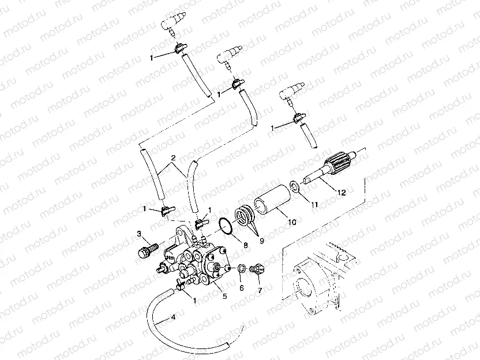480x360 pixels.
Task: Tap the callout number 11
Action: click(314, 205)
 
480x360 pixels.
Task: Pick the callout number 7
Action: click(242, 287)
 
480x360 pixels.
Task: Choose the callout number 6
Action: click(260, 291)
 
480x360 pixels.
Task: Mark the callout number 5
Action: click(224, 296)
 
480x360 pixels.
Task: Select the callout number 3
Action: click(138, 234)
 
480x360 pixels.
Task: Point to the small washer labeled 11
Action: click(294, 186)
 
